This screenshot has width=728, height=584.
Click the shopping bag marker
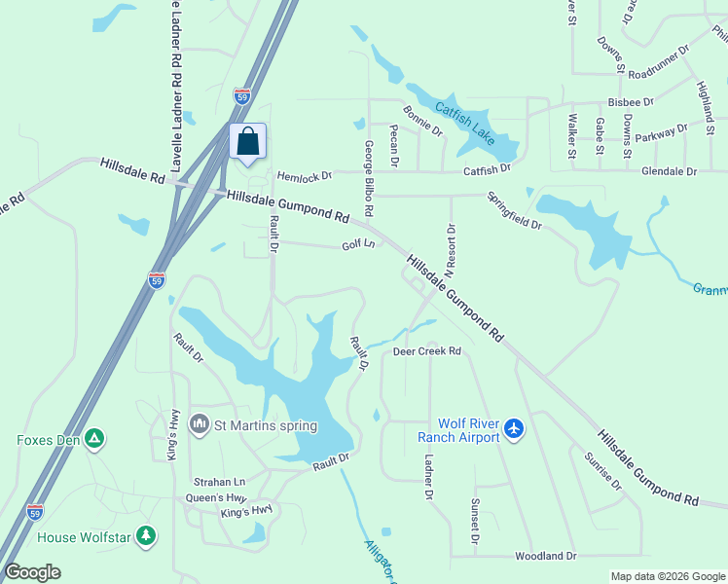click(248, 142)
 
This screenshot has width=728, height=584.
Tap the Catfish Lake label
click(467, 124)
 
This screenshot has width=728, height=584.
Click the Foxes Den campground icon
click(94, 439)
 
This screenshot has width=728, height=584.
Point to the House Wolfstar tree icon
click(146, 536)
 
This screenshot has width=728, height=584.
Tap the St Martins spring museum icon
click(200, 424)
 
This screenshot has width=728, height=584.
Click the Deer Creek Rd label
click(426, 351)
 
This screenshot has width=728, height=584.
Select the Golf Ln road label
click(358, 245)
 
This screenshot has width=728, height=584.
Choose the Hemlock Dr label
click(304, 177)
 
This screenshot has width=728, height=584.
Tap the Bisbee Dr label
click(630, 101)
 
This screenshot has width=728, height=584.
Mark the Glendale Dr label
click(669, 171)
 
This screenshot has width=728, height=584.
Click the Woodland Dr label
click(545, 556)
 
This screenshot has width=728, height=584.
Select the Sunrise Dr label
click(602, 471)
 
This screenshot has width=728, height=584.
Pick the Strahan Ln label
click(219, 482)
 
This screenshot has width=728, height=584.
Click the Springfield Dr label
click(515, 209)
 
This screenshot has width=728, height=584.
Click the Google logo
click(32, 572)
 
